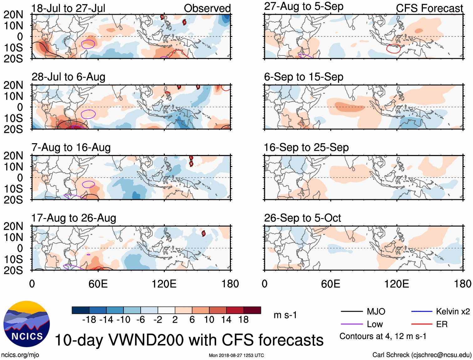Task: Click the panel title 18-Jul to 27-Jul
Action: pyautogui.click(x=68, y=8)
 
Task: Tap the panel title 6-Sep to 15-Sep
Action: pyautogui.click(x=304, y=77)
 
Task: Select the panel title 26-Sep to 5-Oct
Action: pyautogui.click(x=302, y=218)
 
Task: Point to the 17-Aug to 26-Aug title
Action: pyautogui.click(x=74, y=218)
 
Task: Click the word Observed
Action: pyautogui.click(x=207, y=8)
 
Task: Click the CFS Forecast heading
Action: pyautogui.click(x=429, y=8)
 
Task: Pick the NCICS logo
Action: pyautogui.click(x=27, y=324)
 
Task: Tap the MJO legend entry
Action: pyautogui.click(x=376, y=311)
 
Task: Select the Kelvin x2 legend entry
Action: pyautogui.click(x=453, y=311)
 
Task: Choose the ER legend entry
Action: pyautogui.click(x=442, y=324)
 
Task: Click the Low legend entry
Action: pyautogui.click(x=375, y=324)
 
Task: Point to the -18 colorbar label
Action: pyautogui.click(x=89, y=320)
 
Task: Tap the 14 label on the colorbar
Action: pyautogui.click(x=226, y=320)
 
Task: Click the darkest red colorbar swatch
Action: pyautogui.click(x=252, y=310)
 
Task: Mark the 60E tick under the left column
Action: pyautogui.click(x=98, y=284)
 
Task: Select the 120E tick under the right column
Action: pyautogui.click(x=397, y=284)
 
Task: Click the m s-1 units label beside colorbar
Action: pyautogui.click(x=285, y=315)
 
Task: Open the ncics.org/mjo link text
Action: pyautogui.click(x=20, y=355)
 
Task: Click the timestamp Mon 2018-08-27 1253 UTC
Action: pyautogui.click(x=236, y=355)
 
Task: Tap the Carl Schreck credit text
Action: pyautogui.click(x=422, y=355)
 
